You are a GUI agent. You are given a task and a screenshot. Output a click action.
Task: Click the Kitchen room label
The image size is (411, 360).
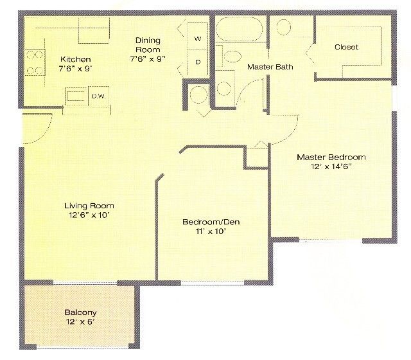[75, 59]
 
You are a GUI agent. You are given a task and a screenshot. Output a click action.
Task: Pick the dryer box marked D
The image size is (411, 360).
[198, 62]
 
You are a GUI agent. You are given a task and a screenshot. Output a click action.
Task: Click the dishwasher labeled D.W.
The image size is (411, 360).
[98, 96]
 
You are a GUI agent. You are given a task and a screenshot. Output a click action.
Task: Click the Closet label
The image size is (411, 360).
[346, 48]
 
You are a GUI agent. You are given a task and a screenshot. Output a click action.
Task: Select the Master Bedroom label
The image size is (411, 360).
[331, 157]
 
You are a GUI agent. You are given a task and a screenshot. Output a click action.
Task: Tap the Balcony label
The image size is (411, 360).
[80, 312]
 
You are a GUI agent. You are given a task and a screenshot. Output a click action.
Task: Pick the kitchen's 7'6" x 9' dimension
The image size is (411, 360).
[76, 69]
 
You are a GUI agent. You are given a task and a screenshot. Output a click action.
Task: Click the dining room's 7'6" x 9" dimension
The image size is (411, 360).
[147, 59]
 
